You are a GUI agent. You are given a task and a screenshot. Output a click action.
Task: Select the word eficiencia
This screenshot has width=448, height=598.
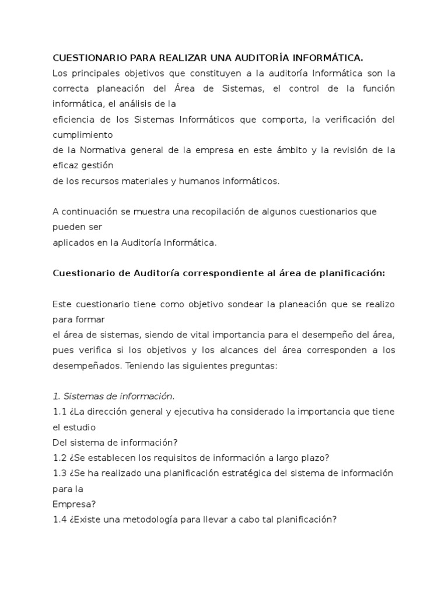click(x=73, y=119)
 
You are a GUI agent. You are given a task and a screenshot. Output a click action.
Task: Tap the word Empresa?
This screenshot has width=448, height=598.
click(x=74, y=503)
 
